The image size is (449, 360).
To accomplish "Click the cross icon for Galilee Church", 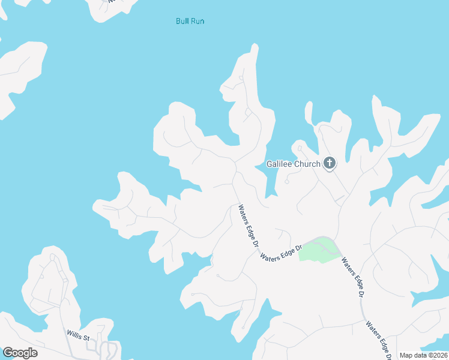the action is tap(329, 163).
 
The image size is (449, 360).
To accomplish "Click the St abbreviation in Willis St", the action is tap(86, 338).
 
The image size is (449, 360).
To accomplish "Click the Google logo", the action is tap(20, 353).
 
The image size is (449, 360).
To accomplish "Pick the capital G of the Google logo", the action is tap(7, 353).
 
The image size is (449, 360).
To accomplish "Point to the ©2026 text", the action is tap(438, 355).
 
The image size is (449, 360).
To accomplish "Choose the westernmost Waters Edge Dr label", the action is tap(247, 227).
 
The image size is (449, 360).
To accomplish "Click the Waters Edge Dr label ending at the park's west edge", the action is tap(280, 250).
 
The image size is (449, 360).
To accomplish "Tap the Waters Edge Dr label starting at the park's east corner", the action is tap(352, 278).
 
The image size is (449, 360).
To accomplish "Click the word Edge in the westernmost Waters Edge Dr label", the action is tap(248, 229).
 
